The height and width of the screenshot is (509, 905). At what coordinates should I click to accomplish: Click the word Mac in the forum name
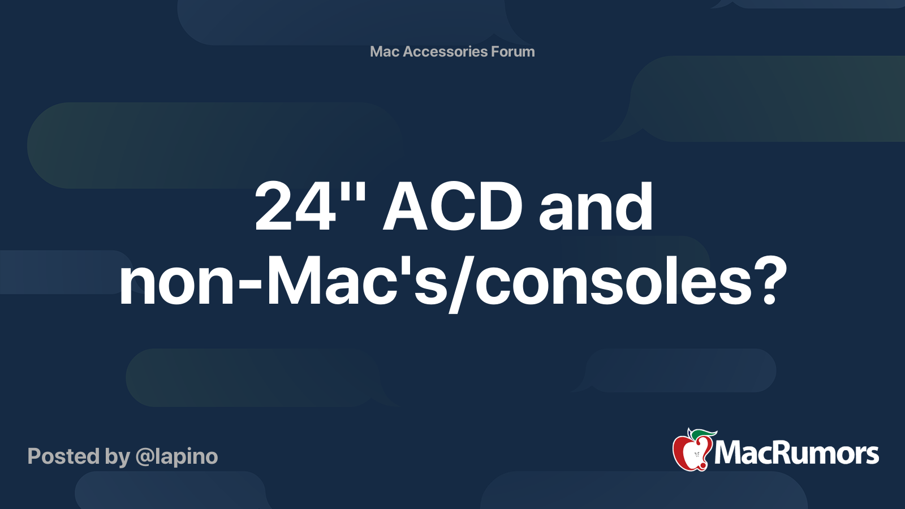coord(385,51)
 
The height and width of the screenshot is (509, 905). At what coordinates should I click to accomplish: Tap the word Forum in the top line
coord(513,51)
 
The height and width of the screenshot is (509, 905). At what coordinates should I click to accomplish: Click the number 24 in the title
coord(296,207)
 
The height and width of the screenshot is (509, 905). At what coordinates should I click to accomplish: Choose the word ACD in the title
coord(453,207)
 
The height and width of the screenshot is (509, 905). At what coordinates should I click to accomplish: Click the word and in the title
coord(596,207)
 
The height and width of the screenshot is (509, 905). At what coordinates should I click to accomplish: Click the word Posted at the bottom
coord(63,456)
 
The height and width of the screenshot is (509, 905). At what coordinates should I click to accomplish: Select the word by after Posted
coord(117,457)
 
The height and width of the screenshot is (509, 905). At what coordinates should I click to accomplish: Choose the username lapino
coord(187,456)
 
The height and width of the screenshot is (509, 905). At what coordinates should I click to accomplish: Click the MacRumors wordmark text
coord(796,453)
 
